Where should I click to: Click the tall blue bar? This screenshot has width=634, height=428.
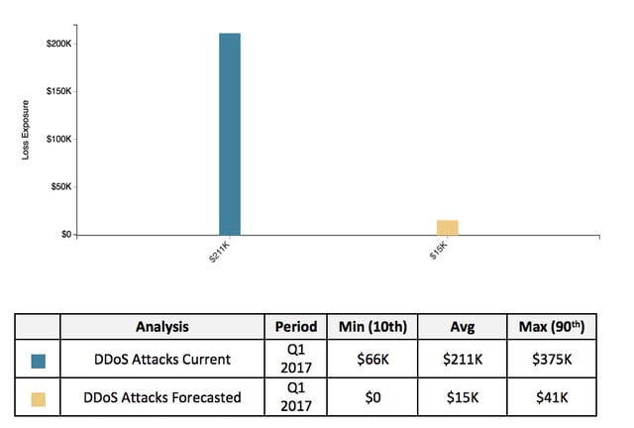(x=230, y=134)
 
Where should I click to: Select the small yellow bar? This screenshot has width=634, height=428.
(x=447, y=227)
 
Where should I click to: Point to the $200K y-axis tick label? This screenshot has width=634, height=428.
(x=58, y=44)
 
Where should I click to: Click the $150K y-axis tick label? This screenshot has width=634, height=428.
(x=58, y=91)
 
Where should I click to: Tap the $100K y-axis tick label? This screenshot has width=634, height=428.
(x=58, y=139)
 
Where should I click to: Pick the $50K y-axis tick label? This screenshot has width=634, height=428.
(x=61, y=186)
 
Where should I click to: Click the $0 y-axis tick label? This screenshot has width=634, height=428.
(x=66, y=234)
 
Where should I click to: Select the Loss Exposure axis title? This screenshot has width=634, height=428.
(x=26, y=130)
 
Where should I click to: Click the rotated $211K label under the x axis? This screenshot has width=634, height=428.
(x=219, y=252)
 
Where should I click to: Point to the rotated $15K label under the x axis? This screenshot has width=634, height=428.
(x=439, y=251)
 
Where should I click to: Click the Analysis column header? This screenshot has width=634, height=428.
(x=162, y=327)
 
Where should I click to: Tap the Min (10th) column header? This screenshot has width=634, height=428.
(x=372, y=327)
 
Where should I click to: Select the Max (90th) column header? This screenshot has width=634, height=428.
(x=552, y=327)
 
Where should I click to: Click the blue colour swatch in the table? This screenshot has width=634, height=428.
(x=39, y=361)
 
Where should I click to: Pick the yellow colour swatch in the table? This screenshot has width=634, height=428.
(x=39, y=399)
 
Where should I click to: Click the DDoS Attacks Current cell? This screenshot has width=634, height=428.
(x=162, y=360)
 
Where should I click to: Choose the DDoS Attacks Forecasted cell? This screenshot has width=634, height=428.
(x=162, y=397)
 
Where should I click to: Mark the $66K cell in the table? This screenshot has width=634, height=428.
(x=372, y=360)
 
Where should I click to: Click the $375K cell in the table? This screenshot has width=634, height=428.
(x=552, y=360)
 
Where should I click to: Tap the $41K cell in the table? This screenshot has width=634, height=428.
(x=552, y=397)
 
